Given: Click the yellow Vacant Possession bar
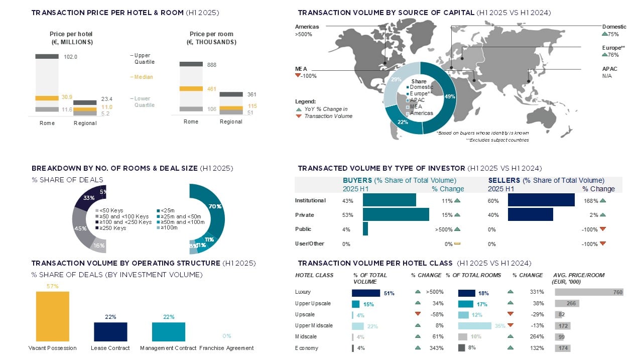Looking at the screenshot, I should pyautogui.click(x=53, y=316).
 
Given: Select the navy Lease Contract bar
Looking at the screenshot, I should pyautogui.click(x=110, y=332).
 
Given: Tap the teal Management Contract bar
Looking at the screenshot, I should pyautogui.click(x=169, y=332).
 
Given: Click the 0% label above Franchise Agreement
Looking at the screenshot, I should pyautogui.click(x=226, y=336).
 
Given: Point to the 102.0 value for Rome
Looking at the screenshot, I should pyautogui.click(x=71, y=57).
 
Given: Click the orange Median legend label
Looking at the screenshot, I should pyautogui.click(x=144, y=77).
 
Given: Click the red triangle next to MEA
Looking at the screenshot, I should pyautogui.click(x=298, y=76).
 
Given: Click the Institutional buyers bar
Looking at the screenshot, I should pyautogui.click(x=389, y=200).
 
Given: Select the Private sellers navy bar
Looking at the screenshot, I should pyautogui.click(x=530, y=215).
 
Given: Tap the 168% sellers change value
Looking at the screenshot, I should pyautogui.click(x=590, y=201).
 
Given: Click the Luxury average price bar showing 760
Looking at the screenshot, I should pyautogui.click(x=589, y=292).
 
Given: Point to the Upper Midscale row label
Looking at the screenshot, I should pyautogui.click(x=314, y=325).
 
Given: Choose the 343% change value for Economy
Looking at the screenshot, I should pyautogui.click(x=436, y=348).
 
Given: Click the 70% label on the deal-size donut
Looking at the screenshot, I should pyautogui.click(x=215, y=206).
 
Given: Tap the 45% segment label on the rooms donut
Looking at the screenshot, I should pyautogui.click(x=78, y=228).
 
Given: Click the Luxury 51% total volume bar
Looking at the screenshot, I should pyautogui.click(x=366, y=293).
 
